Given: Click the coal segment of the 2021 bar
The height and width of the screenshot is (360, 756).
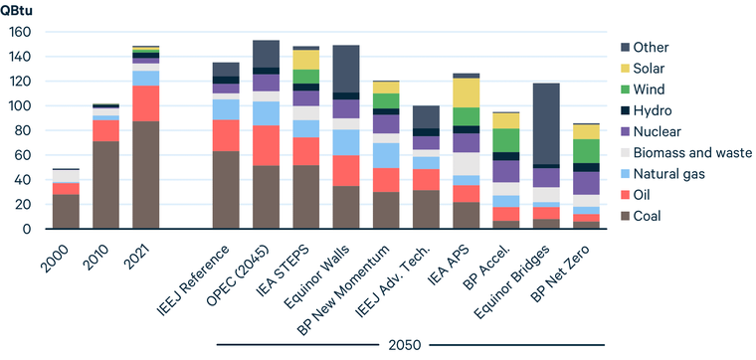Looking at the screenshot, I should coord(146,175).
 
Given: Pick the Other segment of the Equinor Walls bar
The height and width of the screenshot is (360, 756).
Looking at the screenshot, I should coord(346,69).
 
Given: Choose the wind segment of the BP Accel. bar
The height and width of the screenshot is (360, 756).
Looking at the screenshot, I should coord(506,140).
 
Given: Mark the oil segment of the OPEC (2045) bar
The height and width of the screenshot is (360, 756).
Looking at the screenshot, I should coord(266,145).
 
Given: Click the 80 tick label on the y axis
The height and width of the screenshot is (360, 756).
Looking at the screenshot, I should coord(23,130).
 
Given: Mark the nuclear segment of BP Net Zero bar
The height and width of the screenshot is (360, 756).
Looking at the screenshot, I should coord(587,183).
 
